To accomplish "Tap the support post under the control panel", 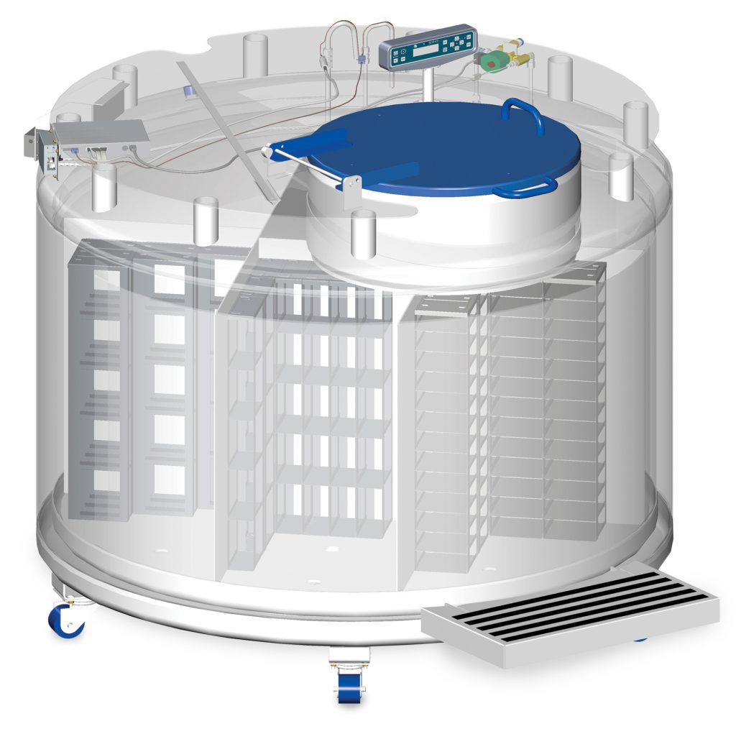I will [x=429, y=83].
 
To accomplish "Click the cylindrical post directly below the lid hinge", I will [x=363, y=234].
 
